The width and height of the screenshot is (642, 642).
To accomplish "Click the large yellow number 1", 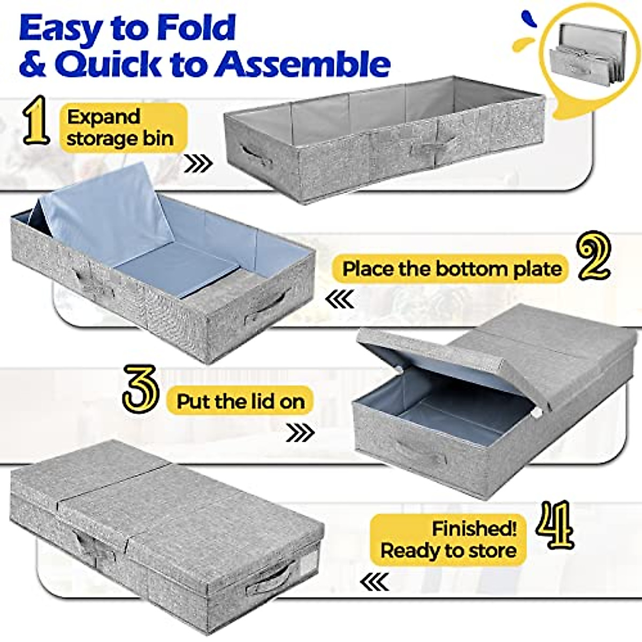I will point(35,125).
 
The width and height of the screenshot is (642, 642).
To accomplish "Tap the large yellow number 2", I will point(592,257).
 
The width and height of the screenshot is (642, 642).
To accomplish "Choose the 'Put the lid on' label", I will point(241,401).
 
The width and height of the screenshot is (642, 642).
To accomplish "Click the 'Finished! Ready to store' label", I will point(448,539).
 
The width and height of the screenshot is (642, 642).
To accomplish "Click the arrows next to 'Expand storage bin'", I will point(197,163).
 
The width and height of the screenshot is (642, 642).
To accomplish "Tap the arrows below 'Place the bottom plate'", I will point(340,299).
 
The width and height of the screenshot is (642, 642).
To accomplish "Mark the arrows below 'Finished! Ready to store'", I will point(374,579).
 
